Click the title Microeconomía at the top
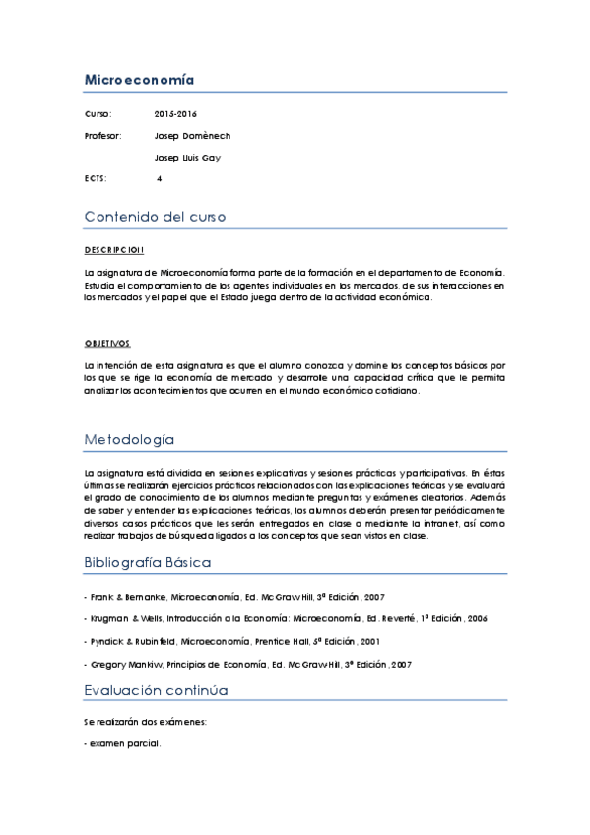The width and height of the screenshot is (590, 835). click(x=139, y=80)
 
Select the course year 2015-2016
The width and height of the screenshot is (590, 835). click(x=175, y=114)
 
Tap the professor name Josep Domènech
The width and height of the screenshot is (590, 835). click(x=192, y=136)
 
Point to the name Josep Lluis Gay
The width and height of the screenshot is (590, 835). click(x=187, y=158)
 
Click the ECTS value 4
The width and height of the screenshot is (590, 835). click(x=160, y=179)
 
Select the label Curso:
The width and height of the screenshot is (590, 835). click(x=98, y=114)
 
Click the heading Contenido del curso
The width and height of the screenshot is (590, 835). click(x=155, y=217)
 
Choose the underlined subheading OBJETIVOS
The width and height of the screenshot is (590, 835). click(x=107, y=343)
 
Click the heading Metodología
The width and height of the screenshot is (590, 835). click(x=129, y=439)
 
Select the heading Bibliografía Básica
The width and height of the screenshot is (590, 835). click(x=148, y=563)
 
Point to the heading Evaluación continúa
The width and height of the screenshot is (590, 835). click(x=156, y=690)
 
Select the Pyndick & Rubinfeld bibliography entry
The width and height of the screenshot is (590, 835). click(x=218, y=641)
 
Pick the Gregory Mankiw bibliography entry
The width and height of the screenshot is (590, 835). click(x=247, y=665)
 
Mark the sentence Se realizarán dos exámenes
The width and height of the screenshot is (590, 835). click(x=145, y=722)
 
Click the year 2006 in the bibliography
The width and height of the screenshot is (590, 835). click(x=476, y=618)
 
